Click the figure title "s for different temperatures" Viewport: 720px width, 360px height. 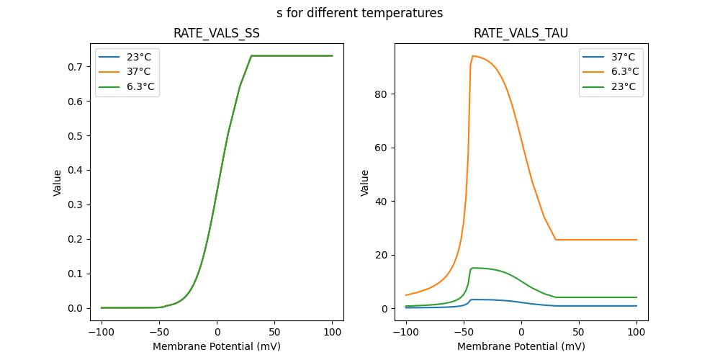point(359,13)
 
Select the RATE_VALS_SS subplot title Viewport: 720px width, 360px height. point(216,33)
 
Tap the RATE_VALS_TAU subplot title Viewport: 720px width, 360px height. point(521,33)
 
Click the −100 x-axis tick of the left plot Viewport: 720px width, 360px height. point(101,333)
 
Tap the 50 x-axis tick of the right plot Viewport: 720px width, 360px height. point(579,333)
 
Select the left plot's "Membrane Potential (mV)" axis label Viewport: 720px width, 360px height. point(216,346)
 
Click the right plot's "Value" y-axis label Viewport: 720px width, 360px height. point(365,182)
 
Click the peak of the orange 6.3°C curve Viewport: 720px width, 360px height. point(473,55)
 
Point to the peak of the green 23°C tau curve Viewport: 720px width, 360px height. point(473,268)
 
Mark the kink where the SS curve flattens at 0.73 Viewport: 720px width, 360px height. point(251,55)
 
